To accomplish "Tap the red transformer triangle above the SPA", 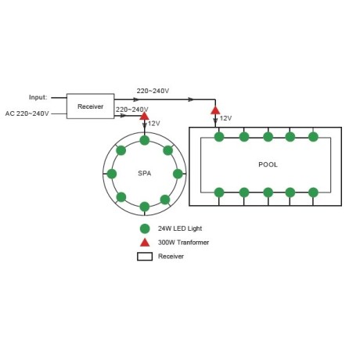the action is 144,117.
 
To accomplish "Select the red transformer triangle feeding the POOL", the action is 215,110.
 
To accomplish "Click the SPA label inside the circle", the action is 145,173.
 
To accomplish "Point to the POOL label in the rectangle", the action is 268,164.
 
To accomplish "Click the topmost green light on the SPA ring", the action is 145,140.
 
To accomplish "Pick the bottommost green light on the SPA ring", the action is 145,207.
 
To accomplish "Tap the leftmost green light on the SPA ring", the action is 112,174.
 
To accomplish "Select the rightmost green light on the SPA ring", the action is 178,174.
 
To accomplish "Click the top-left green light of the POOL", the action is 219,137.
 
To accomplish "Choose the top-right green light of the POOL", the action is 313,137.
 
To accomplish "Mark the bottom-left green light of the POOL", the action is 219,193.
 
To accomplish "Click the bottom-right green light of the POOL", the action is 313,193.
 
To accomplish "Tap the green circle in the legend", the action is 145,229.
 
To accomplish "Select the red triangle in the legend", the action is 145,243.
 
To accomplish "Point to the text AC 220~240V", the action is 27,113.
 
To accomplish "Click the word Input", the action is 38,97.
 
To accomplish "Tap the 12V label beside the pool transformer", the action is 225,118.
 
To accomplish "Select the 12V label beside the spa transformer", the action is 154,124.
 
